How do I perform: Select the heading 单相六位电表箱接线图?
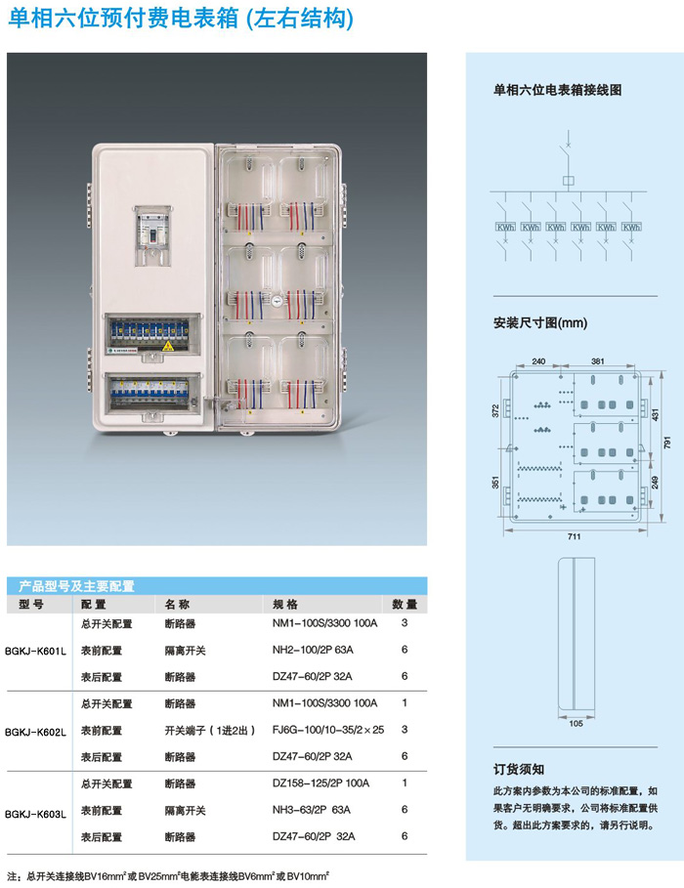coord(558,90)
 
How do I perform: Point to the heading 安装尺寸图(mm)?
coord(539,322)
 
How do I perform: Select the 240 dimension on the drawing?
coord(538,359)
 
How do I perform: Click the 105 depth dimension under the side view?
coord(575,724)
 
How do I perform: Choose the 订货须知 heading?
coord(519,769)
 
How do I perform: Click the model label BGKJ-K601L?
coord(35,650)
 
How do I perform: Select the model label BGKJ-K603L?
coord(35,811)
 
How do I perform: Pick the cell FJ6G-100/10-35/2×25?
coord(328,730)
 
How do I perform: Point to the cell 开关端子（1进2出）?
coord(210,730)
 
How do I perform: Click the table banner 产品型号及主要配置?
coord(76,587)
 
